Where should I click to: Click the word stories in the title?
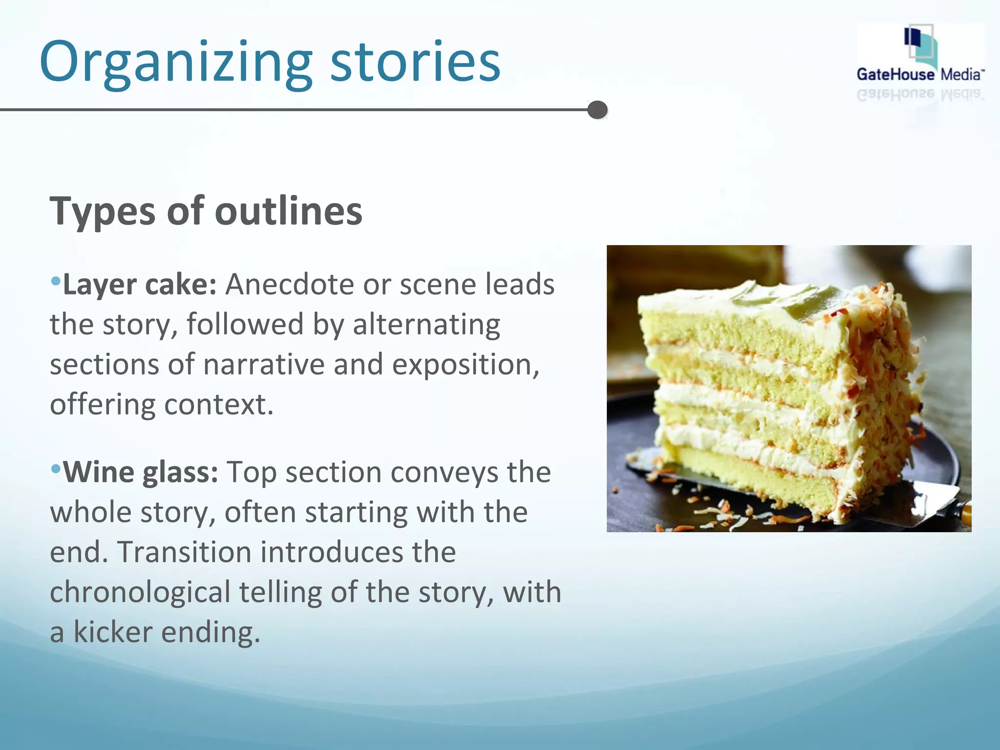tap(415, 62)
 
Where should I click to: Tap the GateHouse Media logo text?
tap(920, 74)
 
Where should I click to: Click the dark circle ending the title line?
tap(597, 110)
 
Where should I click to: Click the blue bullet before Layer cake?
tap(56, 281)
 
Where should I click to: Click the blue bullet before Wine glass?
tap(56, 469)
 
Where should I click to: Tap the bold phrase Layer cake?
tap(140, 284)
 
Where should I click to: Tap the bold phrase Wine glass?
tap(141, 472)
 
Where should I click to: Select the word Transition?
tap(184, 552)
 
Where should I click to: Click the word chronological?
tap(140, 592)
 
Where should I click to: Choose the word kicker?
tap(113, 632)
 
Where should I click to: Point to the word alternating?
tap(426, 325)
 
